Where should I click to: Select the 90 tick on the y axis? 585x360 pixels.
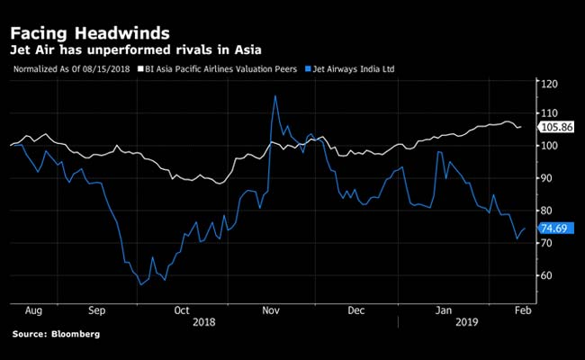pos(548,178)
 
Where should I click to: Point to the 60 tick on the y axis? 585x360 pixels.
pos(548,275)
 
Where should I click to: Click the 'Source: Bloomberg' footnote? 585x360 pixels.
pos(57,335)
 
